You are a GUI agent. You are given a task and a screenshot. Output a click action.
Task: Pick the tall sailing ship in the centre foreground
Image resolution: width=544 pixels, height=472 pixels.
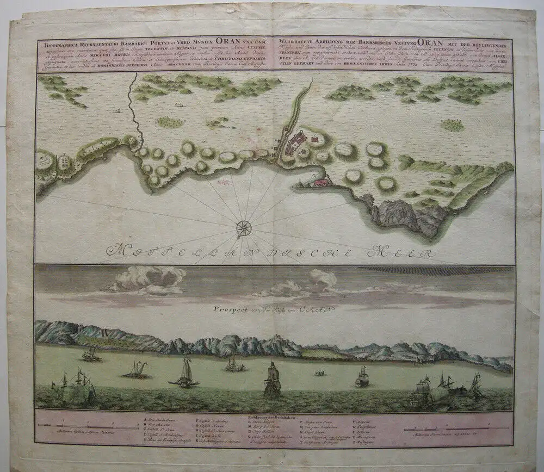pyautogui.click(x=272, y=379)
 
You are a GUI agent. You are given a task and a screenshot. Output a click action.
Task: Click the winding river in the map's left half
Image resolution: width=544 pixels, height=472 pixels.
pyautogui.click(x=132, y=111)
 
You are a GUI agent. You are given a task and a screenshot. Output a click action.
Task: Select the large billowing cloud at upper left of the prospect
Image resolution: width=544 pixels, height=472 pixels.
pyautogui.click(x=143, y=278)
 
